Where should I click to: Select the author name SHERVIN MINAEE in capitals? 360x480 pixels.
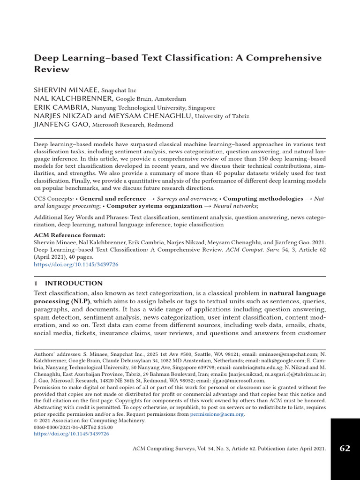click(66, 90)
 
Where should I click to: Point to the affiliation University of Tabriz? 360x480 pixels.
click(222, 116)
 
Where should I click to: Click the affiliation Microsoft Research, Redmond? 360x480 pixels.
click(133, 125)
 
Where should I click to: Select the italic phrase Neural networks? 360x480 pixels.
click(234, 206)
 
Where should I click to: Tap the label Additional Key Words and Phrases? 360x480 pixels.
click(81, 217)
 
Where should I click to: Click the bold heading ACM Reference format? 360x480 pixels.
click(70, 235)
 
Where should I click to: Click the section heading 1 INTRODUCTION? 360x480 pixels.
click(68, 283)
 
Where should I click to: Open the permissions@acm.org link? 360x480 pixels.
click(217, 414)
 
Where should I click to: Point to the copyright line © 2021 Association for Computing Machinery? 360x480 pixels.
click(90, 420)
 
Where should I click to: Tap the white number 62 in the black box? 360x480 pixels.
click(345, 449)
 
